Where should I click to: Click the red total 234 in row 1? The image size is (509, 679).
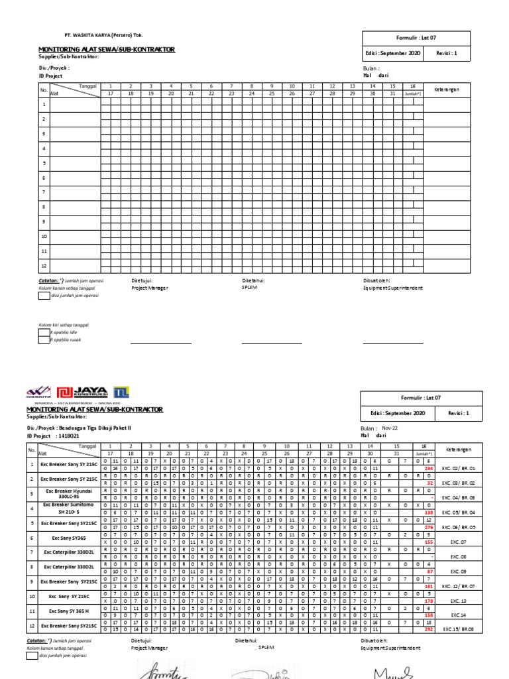[x=428, y=468]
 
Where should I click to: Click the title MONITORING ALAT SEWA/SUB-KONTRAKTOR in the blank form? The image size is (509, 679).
[x=107, y=50]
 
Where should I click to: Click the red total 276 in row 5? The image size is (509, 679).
[x=428, y=526]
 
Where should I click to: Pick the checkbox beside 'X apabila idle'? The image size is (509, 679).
[x=44, y=332]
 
